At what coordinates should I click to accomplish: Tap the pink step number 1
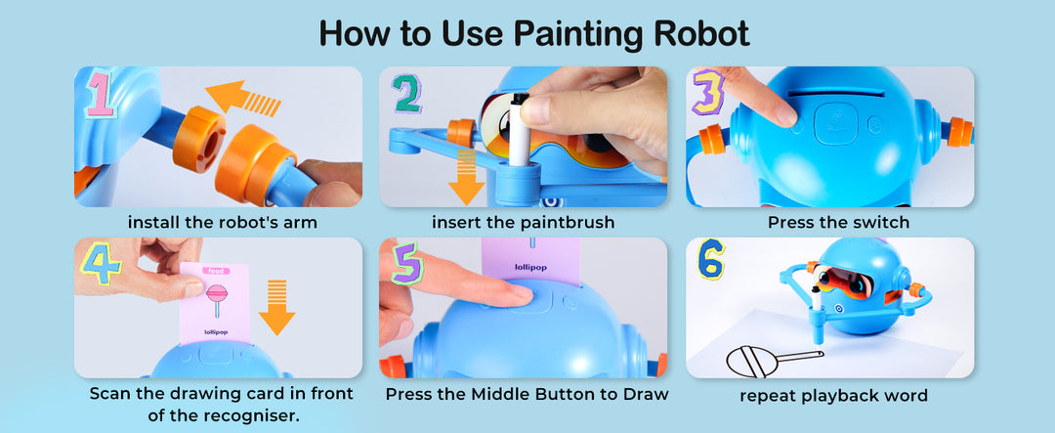click(x=100, y=95)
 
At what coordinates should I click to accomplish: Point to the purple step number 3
click(x=708, y=91)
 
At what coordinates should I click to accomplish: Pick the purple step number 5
click(x=407, y=262)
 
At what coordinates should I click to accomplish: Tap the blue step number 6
click(x=711, y=259)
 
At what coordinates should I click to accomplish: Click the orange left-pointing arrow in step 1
click(x=243, y=99)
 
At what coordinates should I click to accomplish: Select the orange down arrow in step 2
click(x=466, y=178)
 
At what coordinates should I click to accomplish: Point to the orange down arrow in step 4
click(x=277, y=307)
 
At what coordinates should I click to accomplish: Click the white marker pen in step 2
click(x=517, y=130)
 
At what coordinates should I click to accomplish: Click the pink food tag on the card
click(x=215, y=271)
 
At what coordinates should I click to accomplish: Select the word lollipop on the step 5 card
click(x=530, y=267)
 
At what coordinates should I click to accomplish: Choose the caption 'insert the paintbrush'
click(x=523, y=222)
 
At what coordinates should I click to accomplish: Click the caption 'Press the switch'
click(x=838, y=222)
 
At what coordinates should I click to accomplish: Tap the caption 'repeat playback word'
click(x=833, y=395)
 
